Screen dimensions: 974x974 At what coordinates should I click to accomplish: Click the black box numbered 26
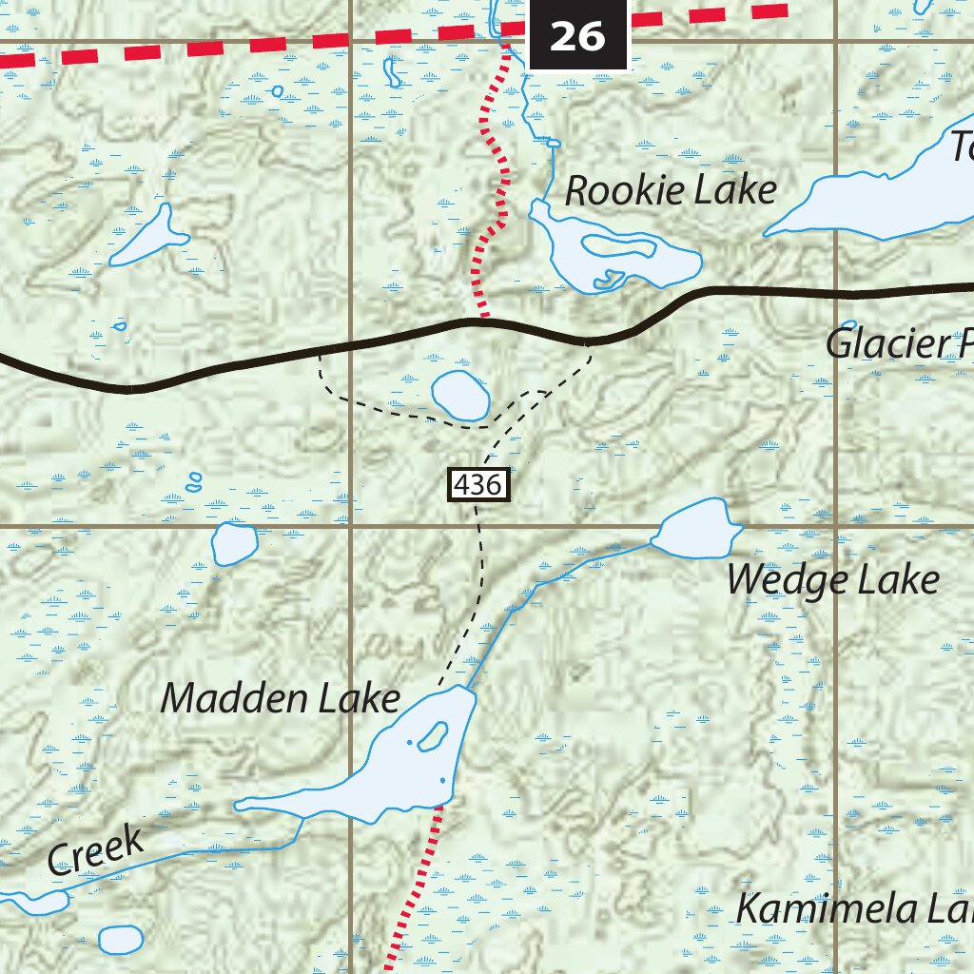click(x=577, y=35)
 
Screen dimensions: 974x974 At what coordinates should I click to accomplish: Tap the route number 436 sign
click(x=479, y=485)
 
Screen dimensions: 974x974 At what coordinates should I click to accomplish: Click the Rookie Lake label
click(x=671, y=190)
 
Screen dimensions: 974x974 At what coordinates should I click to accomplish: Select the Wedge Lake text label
click(x=832, y=579)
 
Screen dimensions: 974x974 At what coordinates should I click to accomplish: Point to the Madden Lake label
click(x=280, y=699)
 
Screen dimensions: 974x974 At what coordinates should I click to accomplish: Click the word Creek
click(x=96, y=851)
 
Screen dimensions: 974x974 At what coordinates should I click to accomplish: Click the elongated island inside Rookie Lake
click(x=619, y=247)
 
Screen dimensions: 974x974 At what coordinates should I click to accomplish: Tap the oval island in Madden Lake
click(x=433, y=735)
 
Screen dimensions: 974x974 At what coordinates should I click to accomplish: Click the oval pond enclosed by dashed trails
click(x=460, y=396)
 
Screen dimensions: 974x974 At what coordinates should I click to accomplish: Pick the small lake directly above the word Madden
click(x=234, y=543)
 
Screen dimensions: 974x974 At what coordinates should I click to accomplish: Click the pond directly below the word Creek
click(x=121, y=939)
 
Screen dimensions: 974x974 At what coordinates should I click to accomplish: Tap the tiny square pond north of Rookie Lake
click(x=554, y=144)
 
